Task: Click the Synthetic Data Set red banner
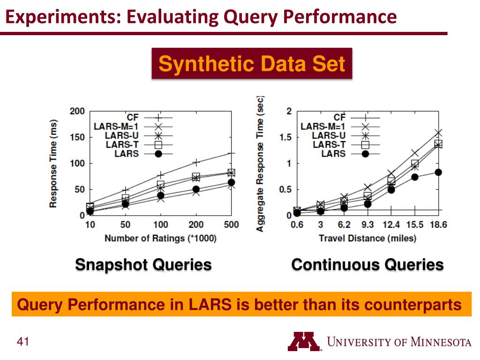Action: (x=252, y=64)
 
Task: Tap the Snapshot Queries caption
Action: (x=143, y=265)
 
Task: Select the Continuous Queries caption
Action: (x=367, y=265)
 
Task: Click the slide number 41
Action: (x=23, y=342)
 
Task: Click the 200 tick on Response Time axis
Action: (x=77, y=112)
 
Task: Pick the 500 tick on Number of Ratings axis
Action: (x=231, y=225)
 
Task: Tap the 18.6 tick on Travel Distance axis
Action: (x=438, y=225)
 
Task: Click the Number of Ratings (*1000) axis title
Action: (x=160, y=238)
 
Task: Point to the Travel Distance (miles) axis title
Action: (x=367, y=238)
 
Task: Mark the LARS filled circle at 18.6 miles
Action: (x=438, y=172)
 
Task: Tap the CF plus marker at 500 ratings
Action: (x=231, y=153)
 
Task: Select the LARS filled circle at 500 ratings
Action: (x=231, y=182)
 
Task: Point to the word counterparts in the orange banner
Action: (x=413, y=305)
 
